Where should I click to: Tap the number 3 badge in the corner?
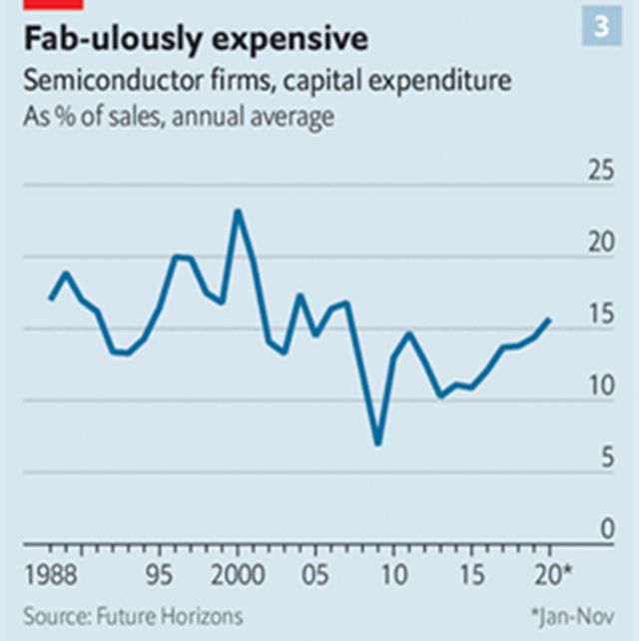pyautogui.click(x=601, y=28)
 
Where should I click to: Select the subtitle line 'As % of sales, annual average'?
pyautogui.click(x=178, y=116)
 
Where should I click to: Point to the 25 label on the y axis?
pyautogui.click(x=601, y=171)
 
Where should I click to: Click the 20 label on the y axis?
pyautogui.click(x=601, y=243)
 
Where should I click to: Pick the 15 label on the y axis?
pyautogui.click(x=601, y=315)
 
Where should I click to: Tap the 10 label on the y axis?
pyautogui.click(x=601, y=386)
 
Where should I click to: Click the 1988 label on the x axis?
pyautogui.click(x=50, y=577)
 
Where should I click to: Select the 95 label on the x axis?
pyautogui.click(x=160, y=577)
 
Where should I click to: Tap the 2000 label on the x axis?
pyautogui.click(x=238, y=577)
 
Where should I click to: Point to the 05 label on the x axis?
pyautogui.click(x=316, y=577)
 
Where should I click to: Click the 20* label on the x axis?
pyautogui.click(x=553, y=577)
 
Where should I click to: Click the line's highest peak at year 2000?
pyautogui.click(x=238, y=211)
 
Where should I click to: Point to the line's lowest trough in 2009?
pyautogui.click(x=378, y=443)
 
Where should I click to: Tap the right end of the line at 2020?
pyautogui.click(x=549, y=320)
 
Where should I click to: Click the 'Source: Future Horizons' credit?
pyautogui.click(x=133, y=616)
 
